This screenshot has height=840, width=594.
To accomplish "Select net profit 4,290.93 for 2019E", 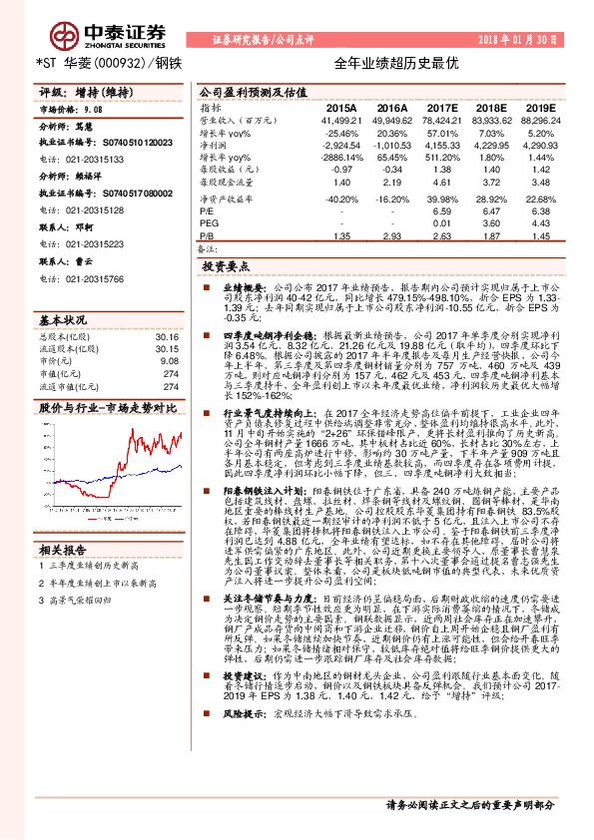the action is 539,145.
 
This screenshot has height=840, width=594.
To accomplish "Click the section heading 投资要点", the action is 225,268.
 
